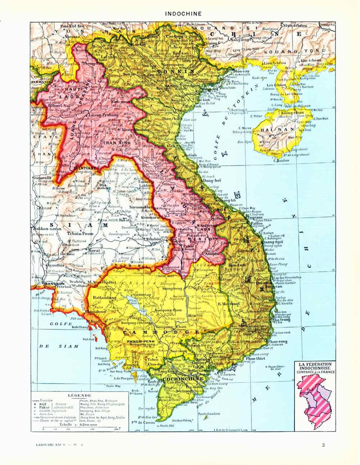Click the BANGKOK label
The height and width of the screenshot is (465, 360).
pos(51,283)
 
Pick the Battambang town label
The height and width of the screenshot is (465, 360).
pos(104,298)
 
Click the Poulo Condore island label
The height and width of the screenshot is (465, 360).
pos(209,414)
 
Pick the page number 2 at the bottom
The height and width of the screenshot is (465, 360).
pos(323,445)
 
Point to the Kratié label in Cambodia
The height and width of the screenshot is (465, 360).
pos(195,316)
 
